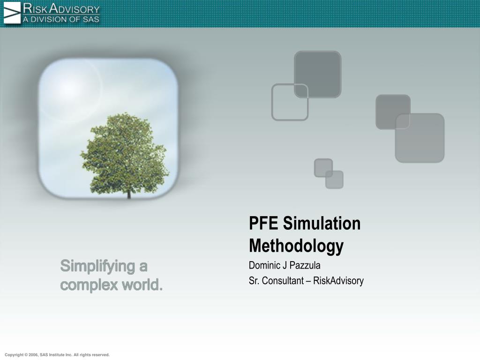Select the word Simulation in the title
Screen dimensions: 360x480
(322, 224)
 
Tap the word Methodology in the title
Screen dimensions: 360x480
(296, 246)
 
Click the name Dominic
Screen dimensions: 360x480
(264, 266)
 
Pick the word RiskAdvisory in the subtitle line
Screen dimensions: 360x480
(338, 281)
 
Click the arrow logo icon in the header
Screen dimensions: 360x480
(12, 13)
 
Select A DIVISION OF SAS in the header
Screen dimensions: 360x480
(61, 19)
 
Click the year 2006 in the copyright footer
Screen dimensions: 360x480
(33, 355)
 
